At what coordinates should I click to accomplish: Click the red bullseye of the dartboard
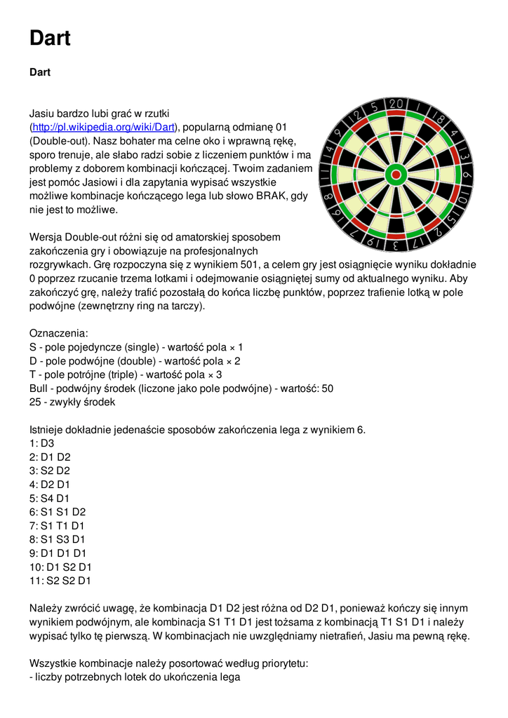pyautogui.click(x=396, y=175)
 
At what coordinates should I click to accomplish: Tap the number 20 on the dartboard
pyautogui.click(x=396, y=104)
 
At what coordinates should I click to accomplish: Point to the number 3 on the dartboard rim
pyautogui.click(x=396, y=245)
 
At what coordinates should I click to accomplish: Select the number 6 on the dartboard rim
pyautogui.click(x=467, y=175)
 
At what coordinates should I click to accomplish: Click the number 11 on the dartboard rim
pyautogui.click(x=325, y=175)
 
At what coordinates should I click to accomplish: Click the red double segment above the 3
pyautogui.click(x=396, y=235)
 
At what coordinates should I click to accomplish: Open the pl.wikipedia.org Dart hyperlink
pyautogui.click(x=105, y=127)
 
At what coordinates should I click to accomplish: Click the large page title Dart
pyautogui.click(x=50, y=38)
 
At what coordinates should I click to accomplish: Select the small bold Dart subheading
pyautogui.click(x=40, y=72)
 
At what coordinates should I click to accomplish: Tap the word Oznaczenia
pyautogui.click(x=58, y=333)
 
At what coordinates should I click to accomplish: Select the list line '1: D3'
pyautogui.click(x=41, y=443)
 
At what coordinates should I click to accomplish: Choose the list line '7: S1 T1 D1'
pyautogui.click(x=57, y=526)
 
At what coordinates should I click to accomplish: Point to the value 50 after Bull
pyautogui.click(x=327, y=388)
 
